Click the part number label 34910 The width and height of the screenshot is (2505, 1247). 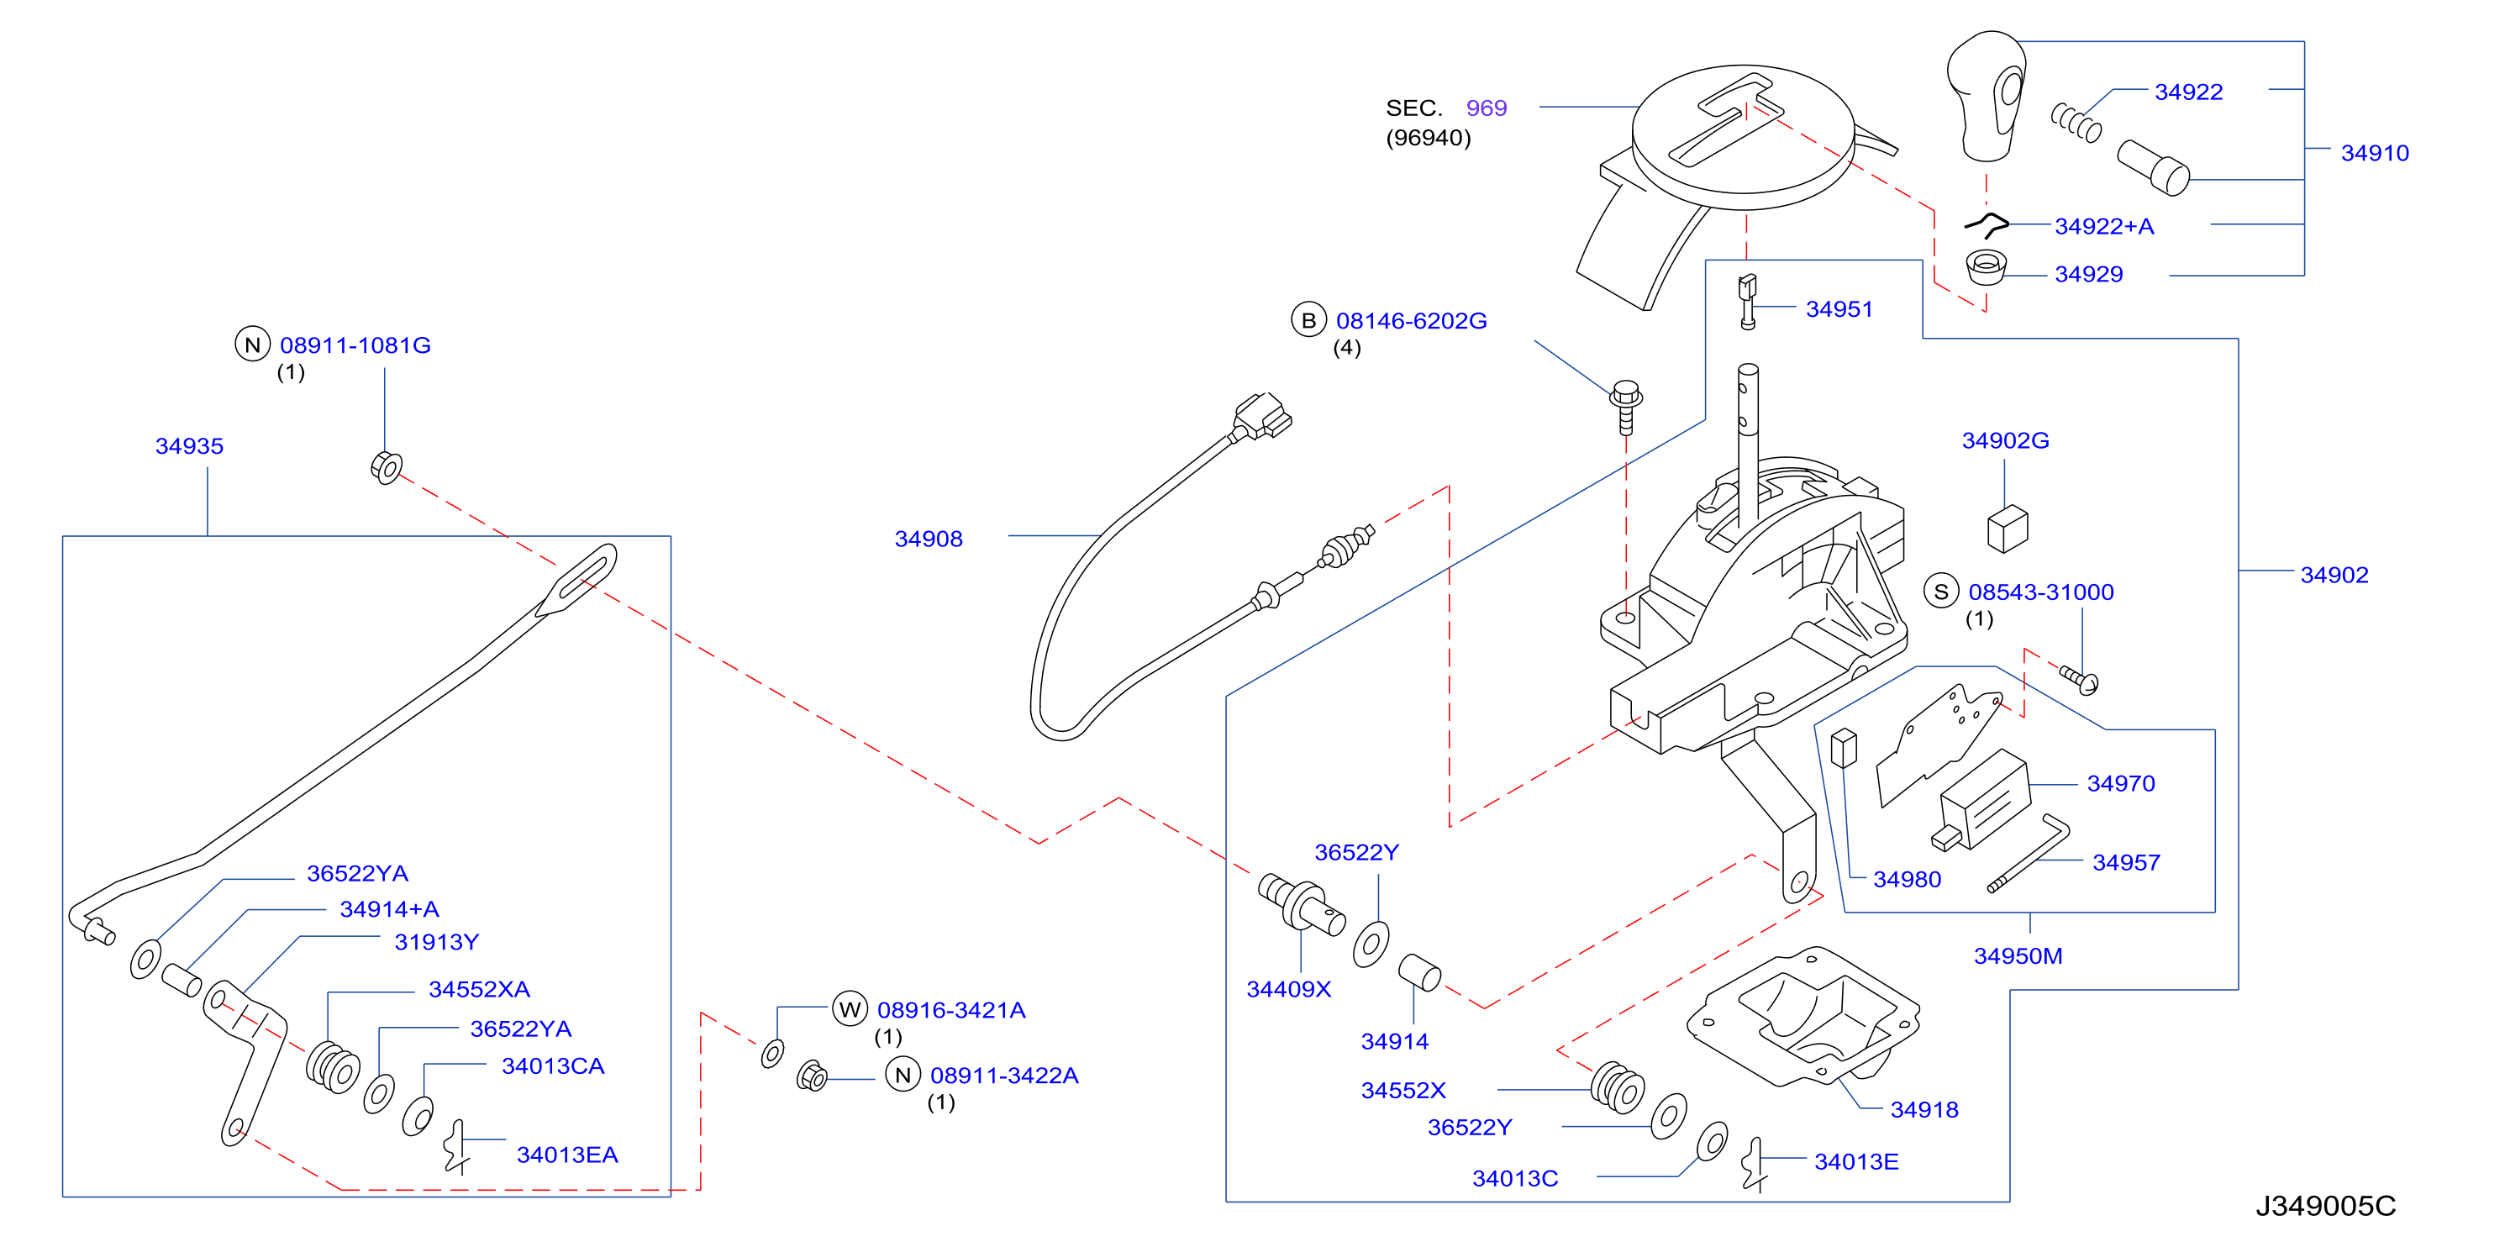click(x=2374, y=153)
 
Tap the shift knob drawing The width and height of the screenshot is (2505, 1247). click(x=1987, y=95)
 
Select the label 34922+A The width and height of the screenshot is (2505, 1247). click(x=2103, y=226)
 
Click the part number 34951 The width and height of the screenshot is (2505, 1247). click(x=1838, y=308)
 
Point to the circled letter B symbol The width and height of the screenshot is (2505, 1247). click(x=1309, y=320)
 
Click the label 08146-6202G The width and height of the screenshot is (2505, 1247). click(x=1411, y=320)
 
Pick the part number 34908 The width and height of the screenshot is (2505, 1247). click(x=929, y=538)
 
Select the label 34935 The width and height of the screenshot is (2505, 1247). click(x=190, y=445)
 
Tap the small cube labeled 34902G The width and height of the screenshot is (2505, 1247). click(x=2008, y=529)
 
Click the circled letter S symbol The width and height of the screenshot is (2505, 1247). click(x=1941, y=592)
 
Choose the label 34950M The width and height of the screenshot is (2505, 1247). click(x=2018, y=955)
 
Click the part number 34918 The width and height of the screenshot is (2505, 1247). click(x=1923, y=1109)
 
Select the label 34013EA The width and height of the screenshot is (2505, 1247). click(x=567, y=1155)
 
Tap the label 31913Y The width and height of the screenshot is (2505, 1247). click(x=437, y=942)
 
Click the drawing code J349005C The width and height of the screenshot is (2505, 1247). click(x=2326, y=1206)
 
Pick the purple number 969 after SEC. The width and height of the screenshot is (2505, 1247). click(x=1486, y=108)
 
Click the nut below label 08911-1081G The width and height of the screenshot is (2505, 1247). click(x=386, y=468)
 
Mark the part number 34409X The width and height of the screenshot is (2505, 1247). click(x=1288, y=988)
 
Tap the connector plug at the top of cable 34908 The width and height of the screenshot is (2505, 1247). click(x=1263, y=418)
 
